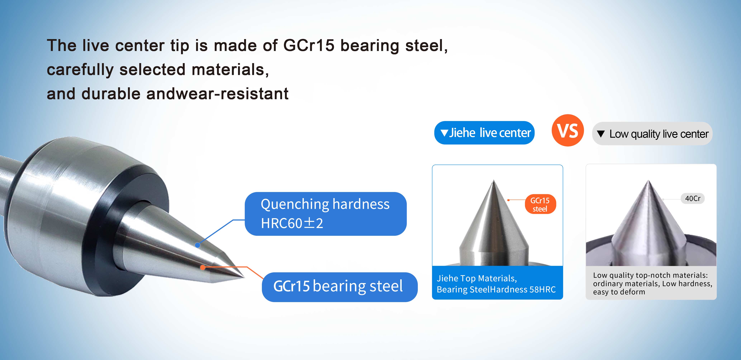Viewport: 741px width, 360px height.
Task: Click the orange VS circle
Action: (567, 130)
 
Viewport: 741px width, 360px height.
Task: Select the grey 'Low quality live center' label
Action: (652, 134)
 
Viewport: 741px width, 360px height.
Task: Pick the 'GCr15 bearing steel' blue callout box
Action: (339, 287)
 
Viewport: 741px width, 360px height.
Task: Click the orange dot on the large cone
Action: (203, 268)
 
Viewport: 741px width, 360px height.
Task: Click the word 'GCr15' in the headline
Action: (309, 46)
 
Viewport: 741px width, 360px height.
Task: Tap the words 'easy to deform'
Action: (619, 292)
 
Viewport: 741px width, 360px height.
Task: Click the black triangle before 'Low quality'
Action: (601, 134)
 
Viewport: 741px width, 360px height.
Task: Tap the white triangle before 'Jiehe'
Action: (444, 133)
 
